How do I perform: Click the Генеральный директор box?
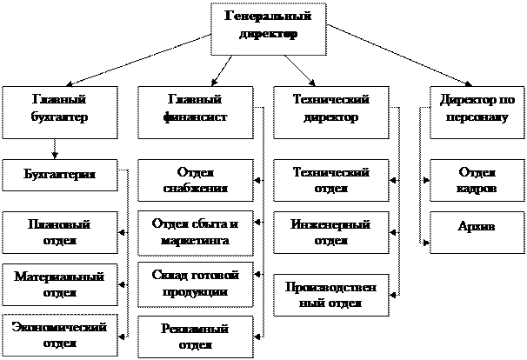tap(268, 26)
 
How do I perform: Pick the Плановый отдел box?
tap(60, 232)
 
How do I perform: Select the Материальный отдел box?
tap(60, 284)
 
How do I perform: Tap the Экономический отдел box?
tap(60, 335)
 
